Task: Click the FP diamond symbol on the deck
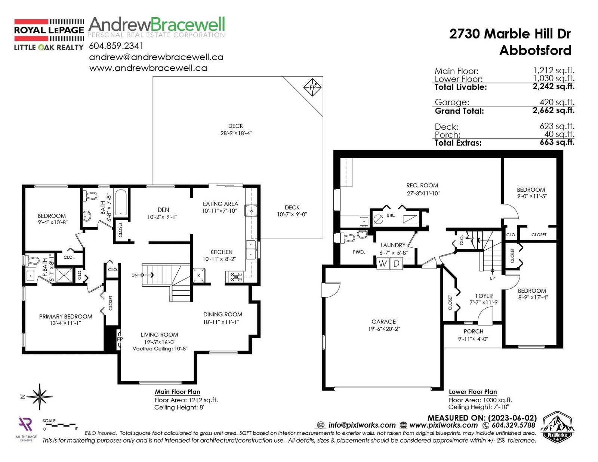click(312, 87)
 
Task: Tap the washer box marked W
click(382, 263)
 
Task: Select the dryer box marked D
click(396, 263)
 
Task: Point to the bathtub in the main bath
click(121, 202)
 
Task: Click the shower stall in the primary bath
click(64, 275)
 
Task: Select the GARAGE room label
click(383, 321)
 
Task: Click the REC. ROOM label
click(422, 185)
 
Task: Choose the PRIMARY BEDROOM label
click(65, 317)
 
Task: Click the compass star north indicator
click(40, 397)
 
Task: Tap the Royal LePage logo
click(49, 35)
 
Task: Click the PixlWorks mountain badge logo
click(557, 427)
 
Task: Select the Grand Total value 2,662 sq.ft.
click(554, 110)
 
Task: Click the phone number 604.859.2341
click(116, 46)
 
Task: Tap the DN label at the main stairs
click(134, 275)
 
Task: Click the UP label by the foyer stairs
click(492, 278)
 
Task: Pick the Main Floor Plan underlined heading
click(178, 392)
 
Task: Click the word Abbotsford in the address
click(535, 50)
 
